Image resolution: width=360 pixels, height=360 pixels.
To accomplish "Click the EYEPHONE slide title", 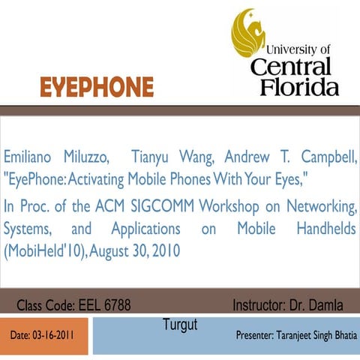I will coord(97,88).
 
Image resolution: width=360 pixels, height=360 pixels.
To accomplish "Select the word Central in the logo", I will coord(299,66).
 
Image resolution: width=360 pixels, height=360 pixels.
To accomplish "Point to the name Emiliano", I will coord(31,159).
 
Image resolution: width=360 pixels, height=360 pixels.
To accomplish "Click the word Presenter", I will coord(259,334).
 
